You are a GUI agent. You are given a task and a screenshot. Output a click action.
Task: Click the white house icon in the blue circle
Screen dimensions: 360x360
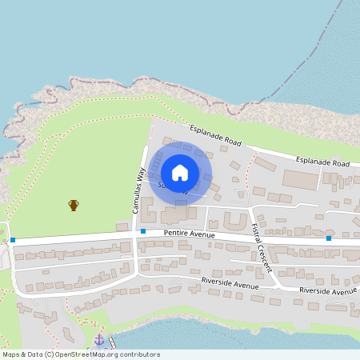(x=179, y=172)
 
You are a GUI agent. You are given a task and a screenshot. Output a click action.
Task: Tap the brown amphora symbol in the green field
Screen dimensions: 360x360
(x=74, y=206)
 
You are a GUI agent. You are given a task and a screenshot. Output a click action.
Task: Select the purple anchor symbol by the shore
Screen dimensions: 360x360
(x=99, y=340)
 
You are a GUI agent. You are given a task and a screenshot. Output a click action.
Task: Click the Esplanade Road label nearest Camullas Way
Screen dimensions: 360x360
(x=215, y=135)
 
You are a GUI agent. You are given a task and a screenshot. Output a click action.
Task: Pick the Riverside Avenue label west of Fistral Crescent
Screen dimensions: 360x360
(x=230, y=284)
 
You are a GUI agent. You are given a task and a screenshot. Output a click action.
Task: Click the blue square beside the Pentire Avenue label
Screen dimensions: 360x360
(x=143, y=231)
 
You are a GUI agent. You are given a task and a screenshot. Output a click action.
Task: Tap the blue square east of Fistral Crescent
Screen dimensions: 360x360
(x=329, y=238)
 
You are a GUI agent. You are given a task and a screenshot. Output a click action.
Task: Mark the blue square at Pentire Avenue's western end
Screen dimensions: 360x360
(x=13, y=240)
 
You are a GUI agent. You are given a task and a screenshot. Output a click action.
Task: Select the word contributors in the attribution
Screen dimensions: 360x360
(x=138, y=354)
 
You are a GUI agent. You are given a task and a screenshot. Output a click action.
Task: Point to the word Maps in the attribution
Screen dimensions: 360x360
(x=12, y=354)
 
